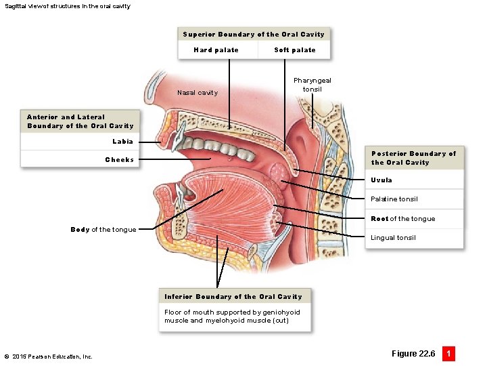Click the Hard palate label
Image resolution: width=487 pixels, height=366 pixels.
tap(216, 50)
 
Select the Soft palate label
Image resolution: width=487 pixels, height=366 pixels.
tap(295, 50)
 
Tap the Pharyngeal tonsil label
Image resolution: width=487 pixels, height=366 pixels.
tap(312, 85)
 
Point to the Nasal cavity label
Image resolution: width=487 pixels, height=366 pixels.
tap(198, 93)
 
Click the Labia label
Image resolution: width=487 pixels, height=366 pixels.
tap(122, 142)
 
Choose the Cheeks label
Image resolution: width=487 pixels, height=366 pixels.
tap(120, 160)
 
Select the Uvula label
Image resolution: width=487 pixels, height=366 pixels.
tap(381, 180)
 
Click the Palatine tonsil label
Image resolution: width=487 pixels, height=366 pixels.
tap(394, 199)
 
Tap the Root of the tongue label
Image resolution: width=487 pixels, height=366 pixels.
tap(403, 219)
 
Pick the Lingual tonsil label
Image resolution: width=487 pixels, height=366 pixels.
tap(393, 238)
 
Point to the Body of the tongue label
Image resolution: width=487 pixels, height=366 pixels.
tap(103, 230)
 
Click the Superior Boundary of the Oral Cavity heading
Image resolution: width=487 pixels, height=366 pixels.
tap(254, 35)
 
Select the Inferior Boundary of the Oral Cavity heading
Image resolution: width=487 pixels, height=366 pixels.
tap(233, 297)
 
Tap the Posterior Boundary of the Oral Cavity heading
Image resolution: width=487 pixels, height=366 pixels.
tap(413, 158)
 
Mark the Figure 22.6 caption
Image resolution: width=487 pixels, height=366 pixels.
tap(413, 354)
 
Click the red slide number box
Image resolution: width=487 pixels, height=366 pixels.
tap(448, 354)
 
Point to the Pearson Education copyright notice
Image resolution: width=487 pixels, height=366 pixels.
tap(48, 357)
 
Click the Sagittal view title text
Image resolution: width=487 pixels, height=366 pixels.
tap(67, 6)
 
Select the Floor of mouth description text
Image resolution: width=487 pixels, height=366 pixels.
tap(232, 317)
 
